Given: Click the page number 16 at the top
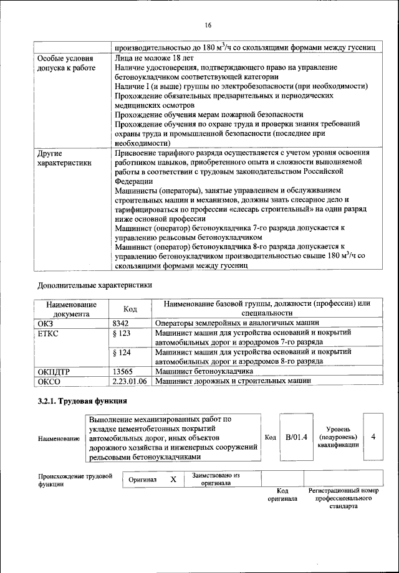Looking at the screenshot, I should click(x=208, y=25).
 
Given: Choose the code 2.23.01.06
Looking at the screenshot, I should click(x=130, y=381).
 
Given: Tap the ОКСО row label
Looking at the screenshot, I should click(x=50, y=381).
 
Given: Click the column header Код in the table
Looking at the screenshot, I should click(x=130, y=309).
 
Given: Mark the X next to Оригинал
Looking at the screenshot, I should click(x=174, y=480).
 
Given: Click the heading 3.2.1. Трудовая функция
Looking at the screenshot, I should click(x=76, y=401).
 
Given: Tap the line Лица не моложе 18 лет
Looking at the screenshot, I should click(x=155, y=58).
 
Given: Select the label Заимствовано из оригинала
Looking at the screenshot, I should click(x=216, y=479).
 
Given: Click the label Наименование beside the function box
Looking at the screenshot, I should click(x=59, y=438).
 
